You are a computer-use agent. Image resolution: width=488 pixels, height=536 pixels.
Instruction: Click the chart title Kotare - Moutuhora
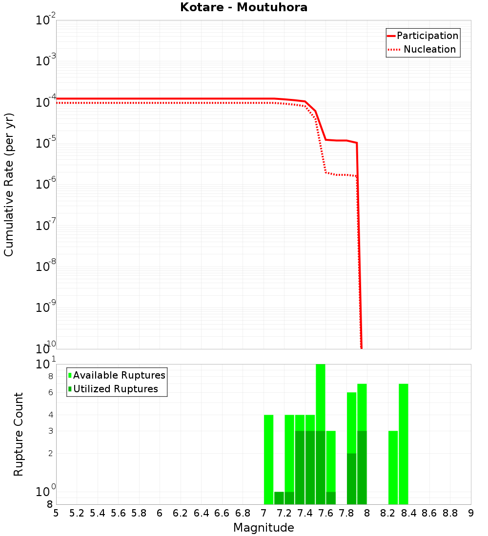tap(244, 7)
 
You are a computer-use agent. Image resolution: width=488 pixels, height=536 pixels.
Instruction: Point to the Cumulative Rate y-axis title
tap(9, 184)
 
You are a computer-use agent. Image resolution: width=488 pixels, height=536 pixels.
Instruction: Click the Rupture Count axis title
tap(19, 434)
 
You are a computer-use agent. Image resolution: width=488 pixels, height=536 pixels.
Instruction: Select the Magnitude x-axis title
tap(264, 528)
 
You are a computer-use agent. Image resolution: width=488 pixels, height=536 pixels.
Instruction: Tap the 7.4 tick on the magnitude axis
tap(305, 513)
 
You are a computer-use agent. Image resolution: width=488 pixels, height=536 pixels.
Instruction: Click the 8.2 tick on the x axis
tap(388, 513)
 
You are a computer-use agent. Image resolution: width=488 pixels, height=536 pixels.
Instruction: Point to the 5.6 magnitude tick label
tap(118, 513)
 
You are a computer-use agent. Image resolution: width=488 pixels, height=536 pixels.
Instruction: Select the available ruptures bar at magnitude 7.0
tap(268, 458)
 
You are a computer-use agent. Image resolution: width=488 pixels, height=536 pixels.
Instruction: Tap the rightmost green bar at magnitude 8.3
tap(404, 443)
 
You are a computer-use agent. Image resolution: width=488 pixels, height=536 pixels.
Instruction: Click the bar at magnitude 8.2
tap(393, 467)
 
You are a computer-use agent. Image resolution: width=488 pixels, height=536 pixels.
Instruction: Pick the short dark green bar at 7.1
tap(279, 498)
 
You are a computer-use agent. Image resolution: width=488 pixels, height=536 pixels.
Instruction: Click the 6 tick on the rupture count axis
tap(50, 392)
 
